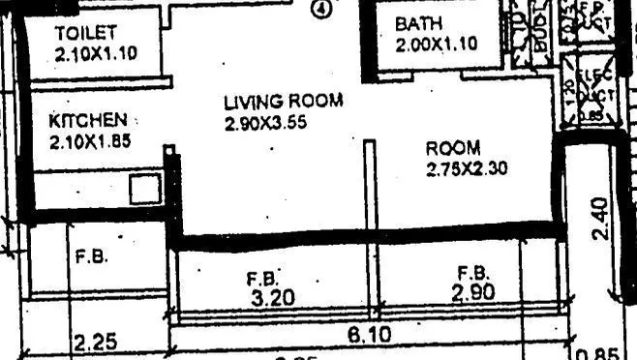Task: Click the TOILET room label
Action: (85, 33)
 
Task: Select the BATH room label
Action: (420, 23)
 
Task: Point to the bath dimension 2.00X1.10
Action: (436, 44)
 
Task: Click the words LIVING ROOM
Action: (282, 101)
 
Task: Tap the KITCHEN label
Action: (87, 121)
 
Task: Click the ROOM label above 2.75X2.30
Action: (453, 148)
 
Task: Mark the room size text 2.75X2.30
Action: (467, 169)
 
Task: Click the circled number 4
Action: (321, 9)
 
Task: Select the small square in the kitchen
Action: (143, 190)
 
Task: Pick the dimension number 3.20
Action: (273, 299)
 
